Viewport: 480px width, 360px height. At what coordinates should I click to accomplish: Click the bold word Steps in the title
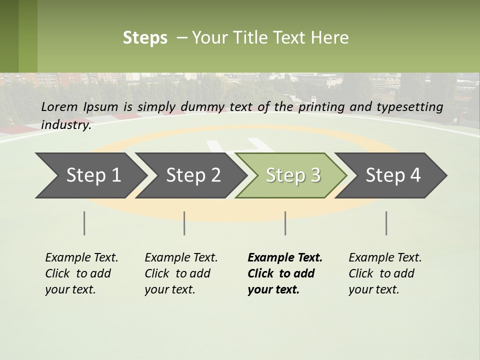pyautogui.click(x=145, y=38)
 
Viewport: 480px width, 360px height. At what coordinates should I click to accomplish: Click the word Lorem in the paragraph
pyautogui.click(x=59, y=106)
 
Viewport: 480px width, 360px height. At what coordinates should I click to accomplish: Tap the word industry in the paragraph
pyautogui.click(x=66, y=125)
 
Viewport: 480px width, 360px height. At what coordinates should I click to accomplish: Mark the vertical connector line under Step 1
pyautogui.click(x=84, y=223)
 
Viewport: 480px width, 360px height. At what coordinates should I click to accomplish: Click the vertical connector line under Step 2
pyautogui.click(x=184, y=223)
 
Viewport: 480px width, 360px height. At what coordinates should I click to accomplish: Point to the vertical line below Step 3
pyautogui.click(x=285, y=223)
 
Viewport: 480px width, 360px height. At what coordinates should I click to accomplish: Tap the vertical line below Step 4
pyautogui.click(x=386, y=223)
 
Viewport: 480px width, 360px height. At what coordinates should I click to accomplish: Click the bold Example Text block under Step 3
pyautogui.click(x=285, y=273)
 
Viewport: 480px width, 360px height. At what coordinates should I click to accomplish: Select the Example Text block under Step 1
pyautogui.click(x=81, y=273)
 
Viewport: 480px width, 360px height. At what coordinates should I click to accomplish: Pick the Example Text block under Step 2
pyautogui.click(x=181, y=273)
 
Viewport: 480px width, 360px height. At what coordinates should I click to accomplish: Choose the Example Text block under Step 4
pyautogui.click(x=385, y=273)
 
